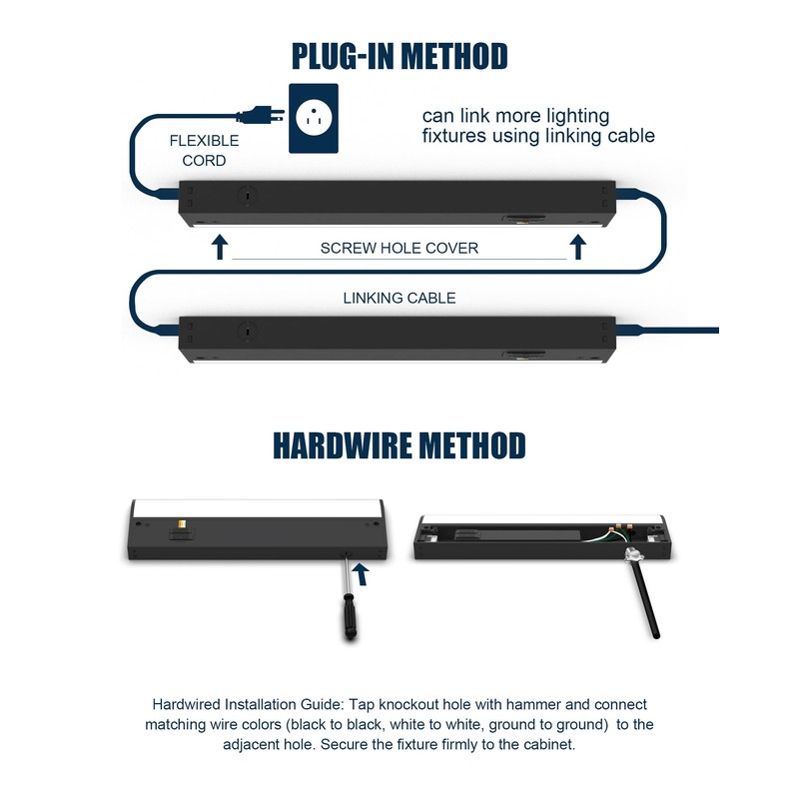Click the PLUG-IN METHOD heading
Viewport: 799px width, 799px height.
point(399,55)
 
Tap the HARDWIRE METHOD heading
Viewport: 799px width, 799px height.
point(399,444)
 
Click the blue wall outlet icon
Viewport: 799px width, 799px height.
point(313,117)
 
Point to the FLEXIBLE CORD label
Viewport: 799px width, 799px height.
point(204,151)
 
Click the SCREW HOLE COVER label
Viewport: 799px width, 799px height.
point(399,248)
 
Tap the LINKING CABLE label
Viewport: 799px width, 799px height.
point(399,298)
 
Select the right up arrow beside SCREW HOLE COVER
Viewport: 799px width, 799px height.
point(577,247)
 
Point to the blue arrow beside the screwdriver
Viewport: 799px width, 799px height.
point(362,572)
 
